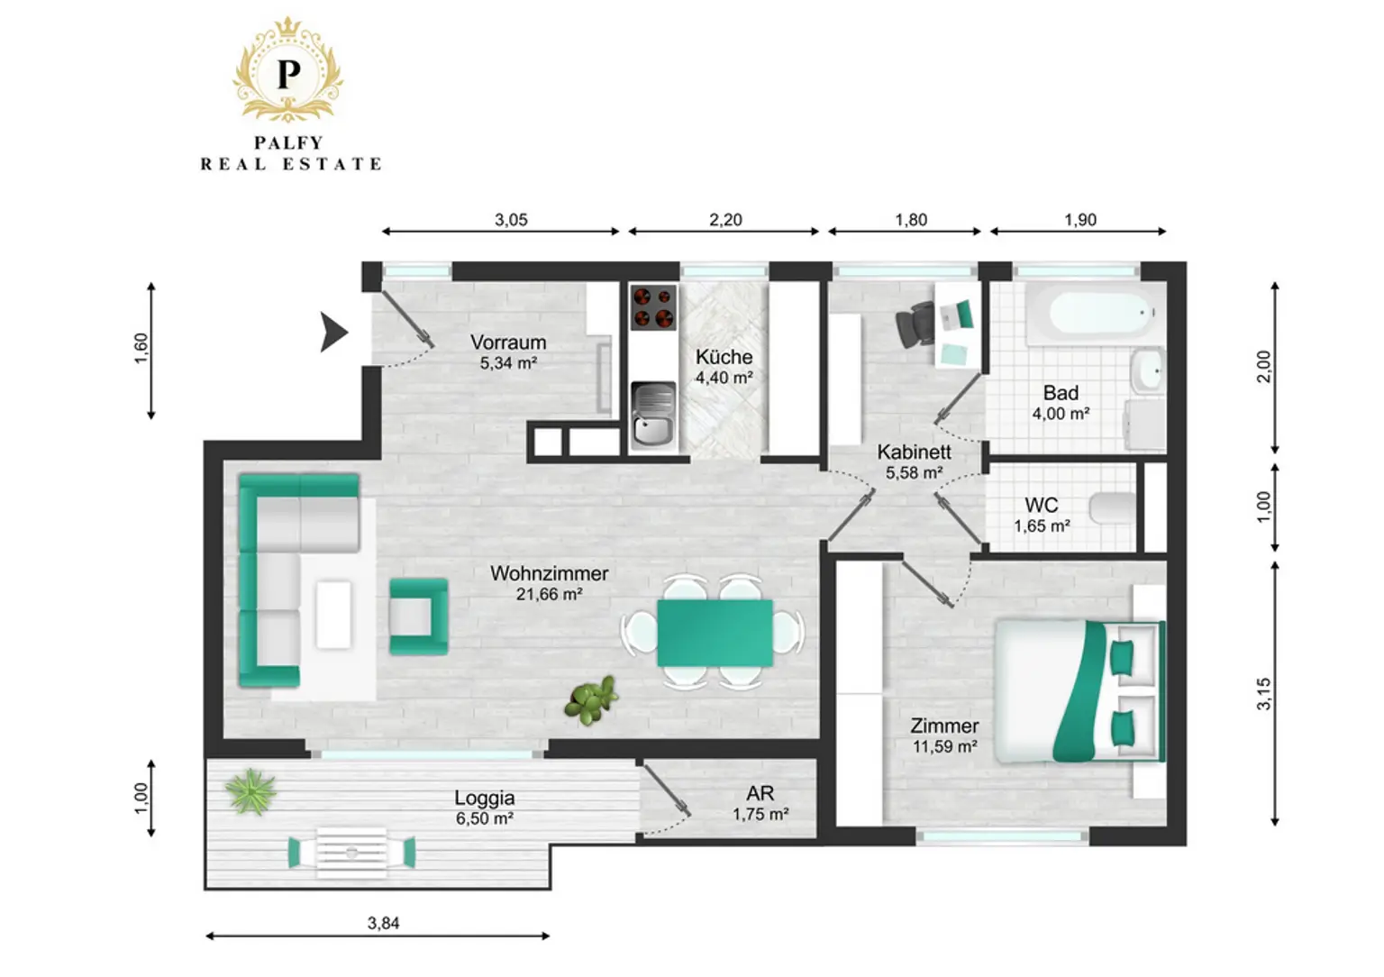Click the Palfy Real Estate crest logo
pos(288,69)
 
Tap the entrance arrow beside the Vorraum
pos(333,332)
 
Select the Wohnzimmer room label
pos(550,573)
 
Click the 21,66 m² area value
pos(550,595)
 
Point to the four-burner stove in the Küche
pos(653,307)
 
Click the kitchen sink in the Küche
pos(653,414)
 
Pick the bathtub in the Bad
pos(1090,314)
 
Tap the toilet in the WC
pos(1113,507)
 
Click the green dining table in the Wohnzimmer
pos(715,633)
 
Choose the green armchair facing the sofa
pos(418,616)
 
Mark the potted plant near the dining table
pos(591,699)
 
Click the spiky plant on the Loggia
pos(250,791)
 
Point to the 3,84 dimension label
pos(383,923)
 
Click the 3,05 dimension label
pos(511,220)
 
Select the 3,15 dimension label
pos(1264,694)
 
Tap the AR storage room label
pos(760,793)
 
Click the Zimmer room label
pos(944,726)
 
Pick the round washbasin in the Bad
pos(1148,370)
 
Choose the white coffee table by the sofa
pos(333,615)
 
